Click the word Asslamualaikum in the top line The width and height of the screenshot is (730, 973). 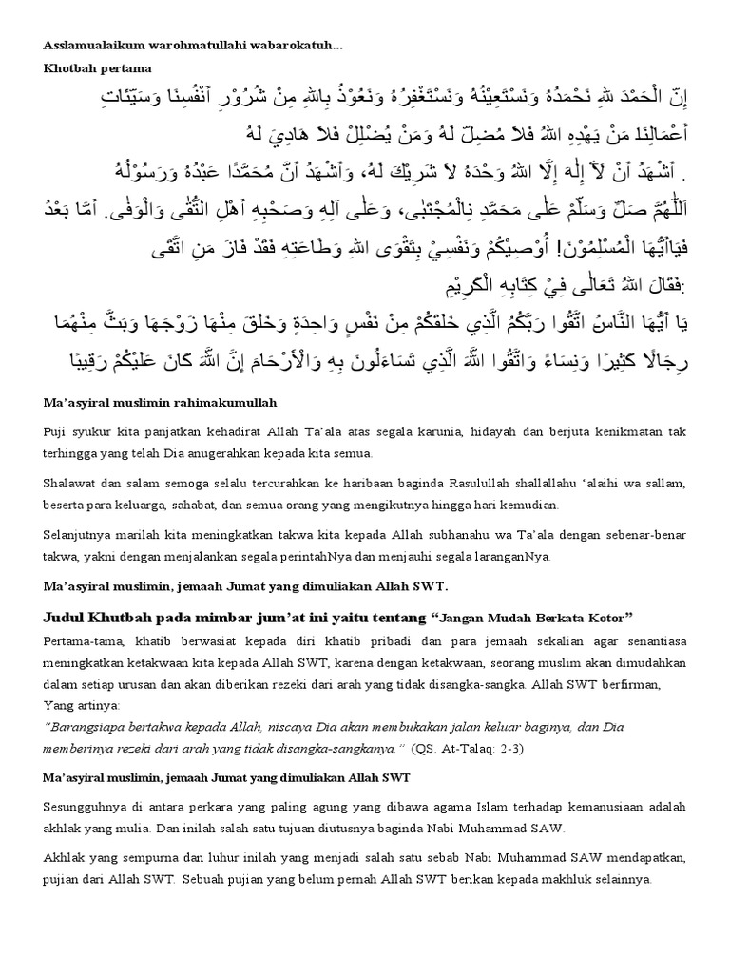(91, 47)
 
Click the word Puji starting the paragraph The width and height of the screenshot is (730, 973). (55, 432)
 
